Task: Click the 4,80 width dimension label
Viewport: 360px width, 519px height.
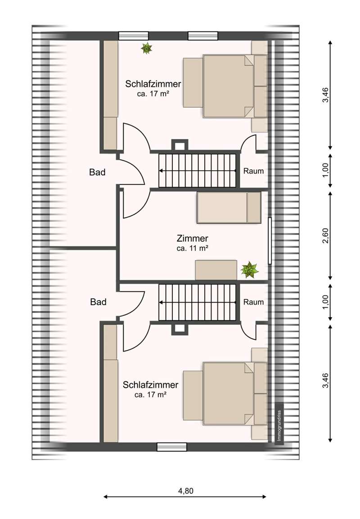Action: point(185,491)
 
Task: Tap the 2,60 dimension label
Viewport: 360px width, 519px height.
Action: point(326,236)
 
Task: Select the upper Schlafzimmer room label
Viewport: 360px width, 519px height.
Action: point(153,84)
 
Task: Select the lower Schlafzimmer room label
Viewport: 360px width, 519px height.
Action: point(151,384)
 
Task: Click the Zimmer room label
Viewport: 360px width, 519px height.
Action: point(192,238)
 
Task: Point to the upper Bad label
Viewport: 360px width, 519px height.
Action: point(97,172)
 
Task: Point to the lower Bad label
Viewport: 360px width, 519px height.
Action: point(98,302)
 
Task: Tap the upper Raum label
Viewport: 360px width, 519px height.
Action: point(253,171)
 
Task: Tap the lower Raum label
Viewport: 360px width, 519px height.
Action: point(253,302)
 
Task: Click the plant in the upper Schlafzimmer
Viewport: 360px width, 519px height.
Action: point(146,49)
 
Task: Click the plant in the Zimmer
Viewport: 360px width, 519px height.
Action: point(249,270)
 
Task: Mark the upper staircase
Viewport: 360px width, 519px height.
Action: point(198,170)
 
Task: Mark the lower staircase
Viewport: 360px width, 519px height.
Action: point(198,302)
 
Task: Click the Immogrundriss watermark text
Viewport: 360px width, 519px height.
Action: point(279,425)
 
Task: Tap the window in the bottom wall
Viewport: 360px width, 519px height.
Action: point(172,447)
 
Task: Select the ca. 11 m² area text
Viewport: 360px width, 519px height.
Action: point(192,248)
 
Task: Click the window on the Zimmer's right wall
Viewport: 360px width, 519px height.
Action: point(270,241)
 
